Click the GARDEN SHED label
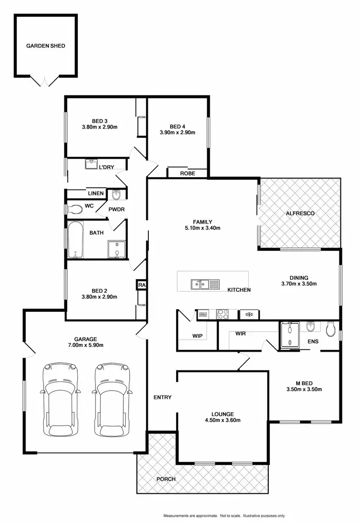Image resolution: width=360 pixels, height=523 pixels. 45,46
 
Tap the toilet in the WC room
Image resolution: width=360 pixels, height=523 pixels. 74,209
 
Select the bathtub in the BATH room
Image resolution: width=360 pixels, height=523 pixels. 75,239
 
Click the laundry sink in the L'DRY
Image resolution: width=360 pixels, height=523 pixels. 92,164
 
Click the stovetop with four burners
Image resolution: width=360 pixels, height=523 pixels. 223,315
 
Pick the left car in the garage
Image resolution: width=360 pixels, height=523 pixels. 60,400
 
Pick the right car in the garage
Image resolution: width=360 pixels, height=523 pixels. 112,400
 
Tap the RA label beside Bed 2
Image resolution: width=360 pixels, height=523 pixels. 142,285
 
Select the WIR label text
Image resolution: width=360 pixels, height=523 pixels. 241,333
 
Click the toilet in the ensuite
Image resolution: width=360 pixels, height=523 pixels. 331,330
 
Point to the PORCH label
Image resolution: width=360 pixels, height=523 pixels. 165,479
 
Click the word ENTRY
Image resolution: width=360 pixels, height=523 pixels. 163,397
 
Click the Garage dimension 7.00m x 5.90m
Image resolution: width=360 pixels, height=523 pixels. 85,345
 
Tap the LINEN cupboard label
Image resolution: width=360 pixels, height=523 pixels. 96,193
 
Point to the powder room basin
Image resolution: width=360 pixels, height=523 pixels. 116,195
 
